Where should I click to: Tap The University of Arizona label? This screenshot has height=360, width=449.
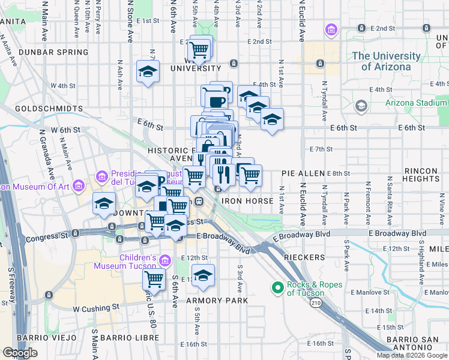click(387, 61)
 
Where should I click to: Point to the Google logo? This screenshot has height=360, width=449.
click(20, 353)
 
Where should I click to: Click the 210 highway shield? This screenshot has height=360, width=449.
click(316, 304)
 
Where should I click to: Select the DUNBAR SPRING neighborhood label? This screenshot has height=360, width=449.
click(53, 52)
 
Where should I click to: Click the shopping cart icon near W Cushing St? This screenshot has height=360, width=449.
click(154, 280)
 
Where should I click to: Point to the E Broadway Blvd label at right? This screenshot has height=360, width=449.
click(397, 233)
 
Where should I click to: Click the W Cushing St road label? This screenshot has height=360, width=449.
click(96, 308)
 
